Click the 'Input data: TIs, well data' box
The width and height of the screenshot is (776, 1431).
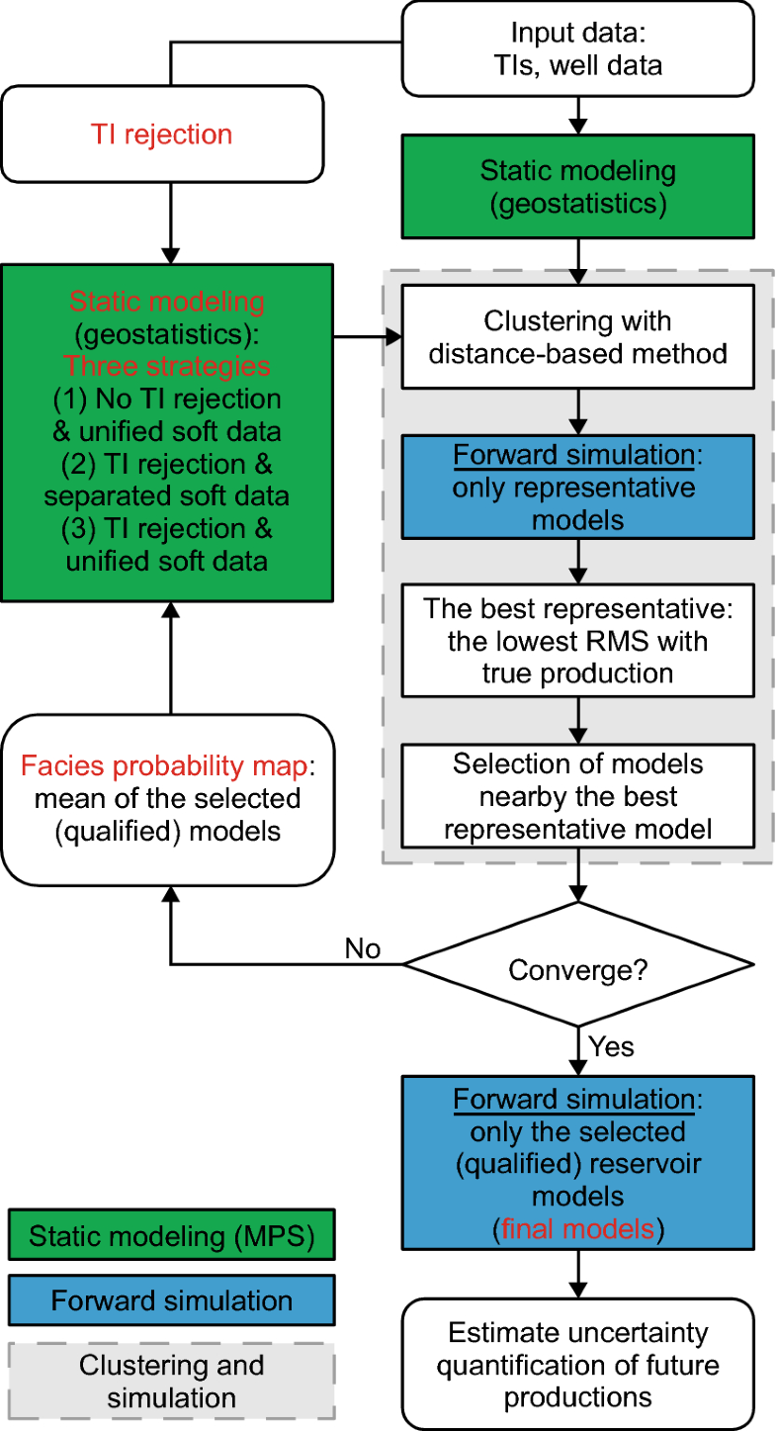pos(577,48)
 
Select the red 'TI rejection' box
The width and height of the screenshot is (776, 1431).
pos(162,134)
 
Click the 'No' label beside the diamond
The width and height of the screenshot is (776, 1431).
pos(363,948)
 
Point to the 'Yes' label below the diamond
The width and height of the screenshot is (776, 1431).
pos(610,1045)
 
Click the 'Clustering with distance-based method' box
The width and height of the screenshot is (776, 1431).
pos(577,335)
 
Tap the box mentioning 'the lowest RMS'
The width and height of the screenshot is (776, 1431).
pos(577,641)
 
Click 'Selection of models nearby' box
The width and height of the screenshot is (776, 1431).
pos(577,796)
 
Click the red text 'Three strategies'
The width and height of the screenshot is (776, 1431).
pos(166,366)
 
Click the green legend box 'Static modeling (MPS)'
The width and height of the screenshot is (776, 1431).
pos(169,1235)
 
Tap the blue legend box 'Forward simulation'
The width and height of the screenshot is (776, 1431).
pos(169,1299)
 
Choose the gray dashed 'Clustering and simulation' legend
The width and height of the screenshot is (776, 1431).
pos(169,1382)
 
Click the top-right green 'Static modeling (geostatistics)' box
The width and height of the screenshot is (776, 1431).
pos(577,186)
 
